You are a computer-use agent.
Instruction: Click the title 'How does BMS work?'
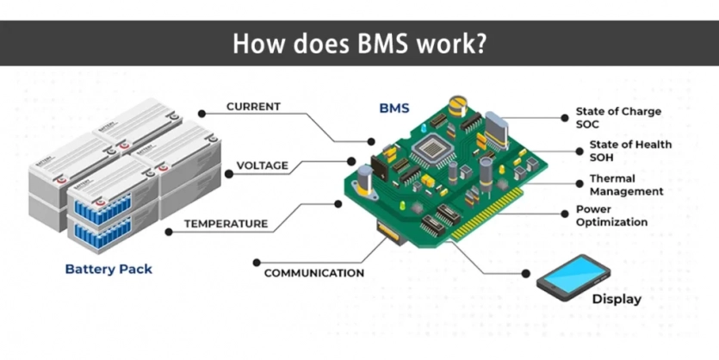point(359,44)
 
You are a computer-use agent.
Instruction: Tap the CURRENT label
point(253,107)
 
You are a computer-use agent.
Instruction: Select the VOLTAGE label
point(263,165)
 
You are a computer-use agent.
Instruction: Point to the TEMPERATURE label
point(226,224)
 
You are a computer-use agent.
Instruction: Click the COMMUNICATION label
point(314,273)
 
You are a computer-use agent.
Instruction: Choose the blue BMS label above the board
point(394,109)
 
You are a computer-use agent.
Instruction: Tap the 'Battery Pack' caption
point(108,270)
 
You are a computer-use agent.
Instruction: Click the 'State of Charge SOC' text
point(618,118)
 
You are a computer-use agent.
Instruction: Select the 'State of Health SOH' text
point(630,151)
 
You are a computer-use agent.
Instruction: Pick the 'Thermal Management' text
point(626,185)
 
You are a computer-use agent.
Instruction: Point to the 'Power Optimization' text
point(611,215)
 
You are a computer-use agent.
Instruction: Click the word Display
point(617,299)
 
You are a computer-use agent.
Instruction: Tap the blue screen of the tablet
point(573,274)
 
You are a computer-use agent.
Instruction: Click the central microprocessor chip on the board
point(432,148)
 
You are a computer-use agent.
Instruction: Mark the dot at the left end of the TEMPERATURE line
point(169,232)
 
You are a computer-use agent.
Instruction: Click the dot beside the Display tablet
point(526,274)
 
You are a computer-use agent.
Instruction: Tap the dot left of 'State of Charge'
point(565,118)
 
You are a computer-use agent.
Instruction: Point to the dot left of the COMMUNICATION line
point(257,263)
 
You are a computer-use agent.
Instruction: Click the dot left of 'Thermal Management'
point(580,184)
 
